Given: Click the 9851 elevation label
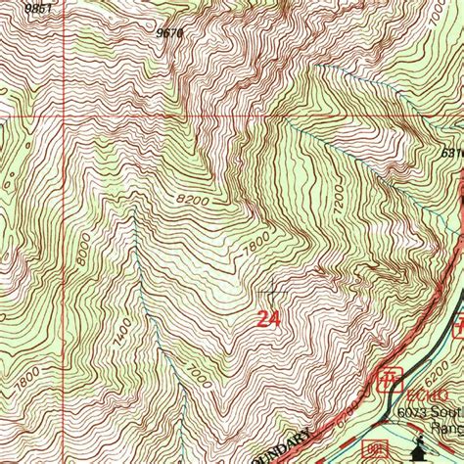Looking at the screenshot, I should pyautogui.click(x=38, y=8).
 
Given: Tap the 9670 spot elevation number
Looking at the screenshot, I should pyautogui.click(x=169, y=32).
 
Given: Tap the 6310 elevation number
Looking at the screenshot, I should pyautogui.click(x=451, y=153).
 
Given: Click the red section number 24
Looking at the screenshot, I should pyautogui.click(x=269, y=319).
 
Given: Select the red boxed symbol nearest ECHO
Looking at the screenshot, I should pyautogui.click(x=389, y=377).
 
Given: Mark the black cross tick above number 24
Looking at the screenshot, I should pyautogui.click(x=271, y=291).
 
